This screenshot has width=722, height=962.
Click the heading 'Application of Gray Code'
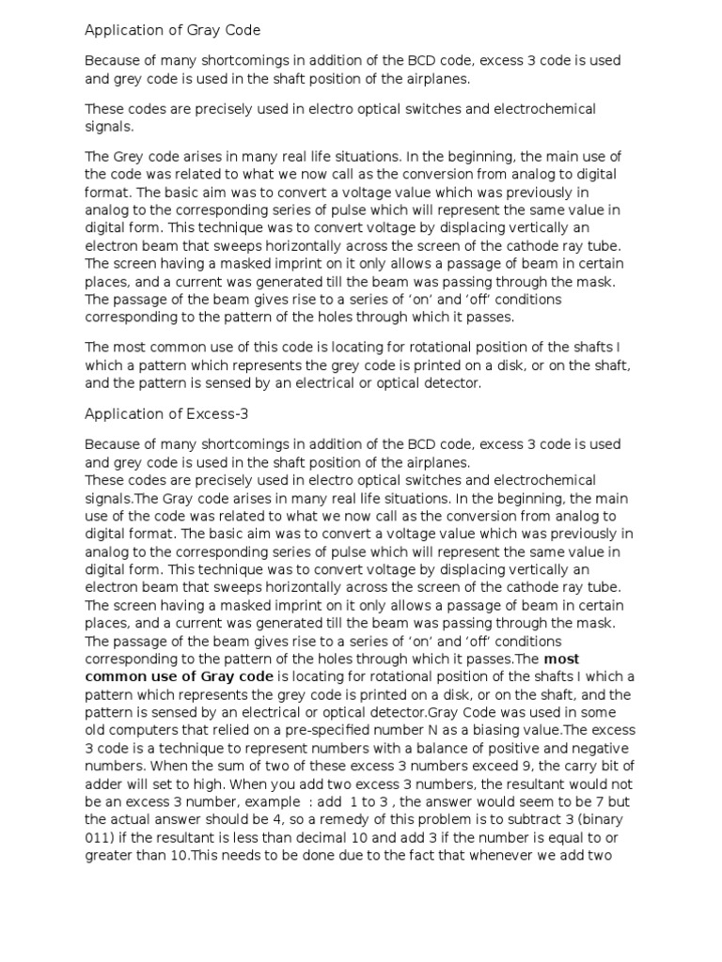pyautogui.click(x=173, y=31)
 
